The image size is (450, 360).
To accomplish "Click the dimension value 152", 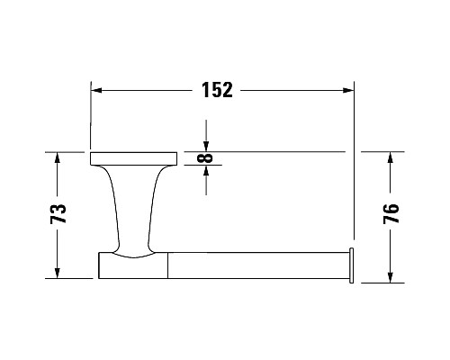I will (216, 90).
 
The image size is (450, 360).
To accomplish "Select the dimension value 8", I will (208, 158).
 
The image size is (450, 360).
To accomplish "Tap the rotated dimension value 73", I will (58, 214).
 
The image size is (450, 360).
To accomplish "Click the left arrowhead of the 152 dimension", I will (98, 90).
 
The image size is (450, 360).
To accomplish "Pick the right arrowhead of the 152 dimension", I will (346, 90).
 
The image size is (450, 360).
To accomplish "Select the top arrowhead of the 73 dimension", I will (58, 157).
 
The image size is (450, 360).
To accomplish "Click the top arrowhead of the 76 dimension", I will (391, 157).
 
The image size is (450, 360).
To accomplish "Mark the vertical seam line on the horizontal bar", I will (168, 265).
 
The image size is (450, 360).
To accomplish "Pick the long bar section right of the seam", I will (256, 265).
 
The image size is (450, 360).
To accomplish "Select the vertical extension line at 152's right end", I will (354, 180).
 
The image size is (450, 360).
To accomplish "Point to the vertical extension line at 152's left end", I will (90, 117).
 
